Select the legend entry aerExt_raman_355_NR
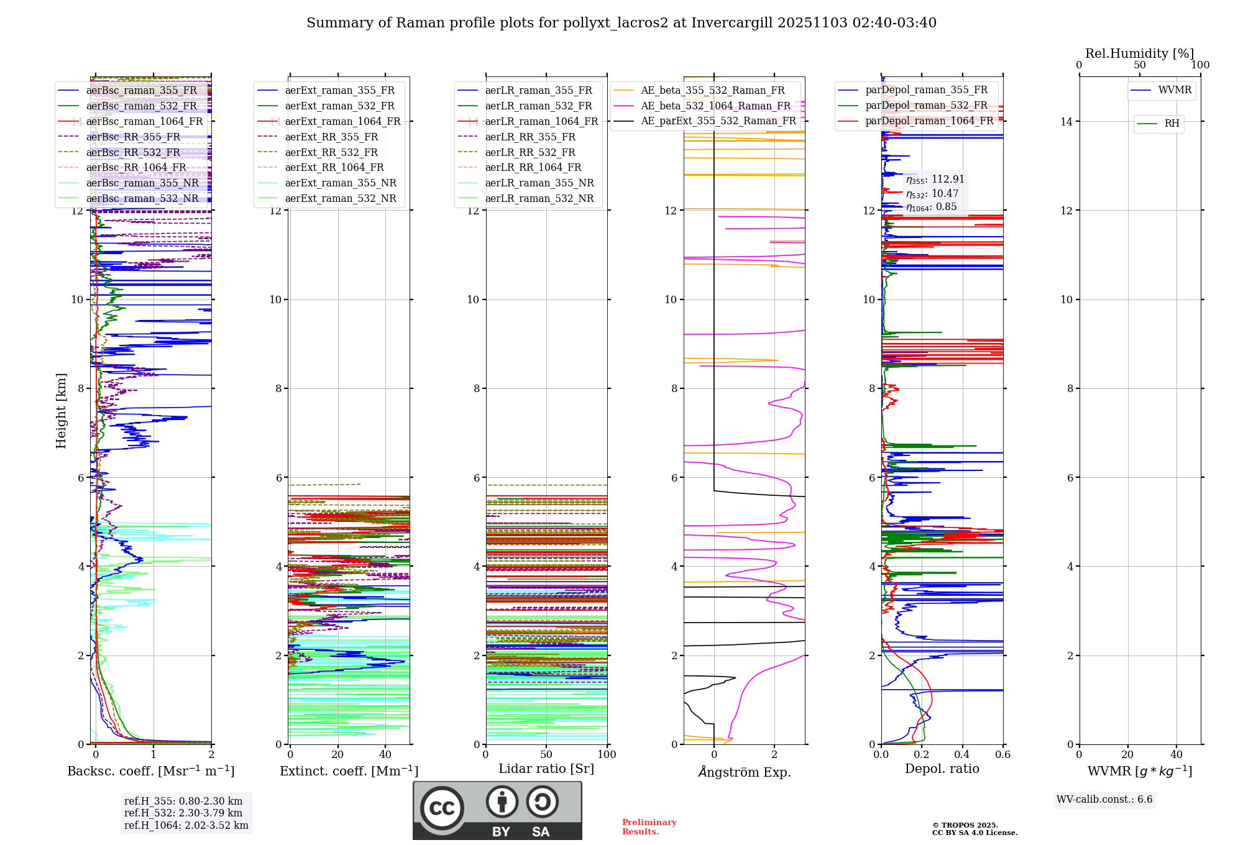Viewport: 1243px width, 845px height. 341,183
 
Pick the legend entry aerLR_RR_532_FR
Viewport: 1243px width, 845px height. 530,152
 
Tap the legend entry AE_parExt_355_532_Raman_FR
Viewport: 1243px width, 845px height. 718,121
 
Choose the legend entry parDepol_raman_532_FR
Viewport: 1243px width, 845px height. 926,106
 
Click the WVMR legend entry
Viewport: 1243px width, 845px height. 1175,90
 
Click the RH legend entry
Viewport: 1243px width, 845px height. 1172,124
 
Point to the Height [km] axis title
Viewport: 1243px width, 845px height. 61,411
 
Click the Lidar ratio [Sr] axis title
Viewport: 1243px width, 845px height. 546,769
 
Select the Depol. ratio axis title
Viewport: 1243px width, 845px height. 942,769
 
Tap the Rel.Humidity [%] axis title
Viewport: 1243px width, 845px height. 1139,53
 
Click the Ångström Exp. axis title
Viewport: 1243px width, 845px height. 744,772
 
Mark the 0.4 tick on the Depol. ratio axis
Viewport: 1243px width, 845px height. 962,754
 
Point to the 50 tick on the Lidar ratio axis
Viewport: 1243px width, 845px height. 546,754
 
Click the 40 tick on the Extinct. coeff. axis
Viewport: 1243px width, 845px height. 385,754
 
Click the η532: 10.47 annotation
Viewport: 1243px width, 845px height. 932,194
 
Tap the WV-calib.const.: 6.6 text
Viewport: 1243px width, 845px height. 1104,800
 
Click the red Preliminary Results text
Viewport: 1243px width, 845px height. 649,827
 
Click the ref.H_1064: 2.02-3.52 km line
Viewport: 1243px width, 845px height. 186,826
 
